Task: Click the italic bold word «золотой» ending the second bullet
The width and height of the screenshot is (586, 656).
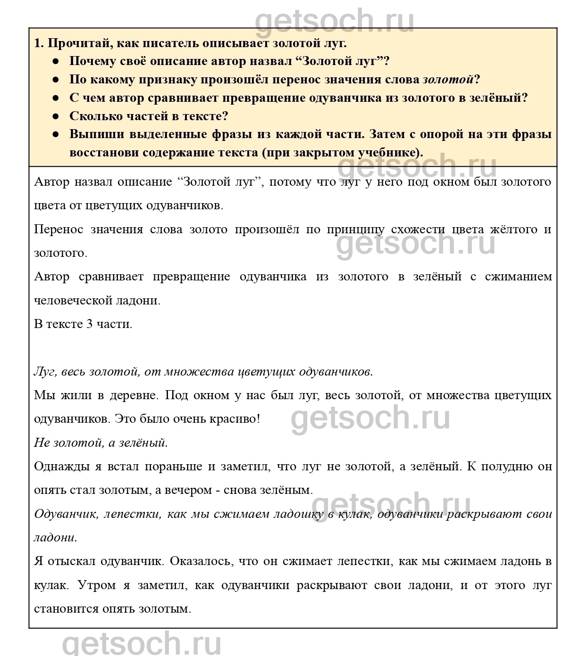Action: point(448,79)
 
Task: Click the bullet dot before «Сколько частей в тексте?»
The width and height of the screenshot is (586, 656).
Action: point(55,116)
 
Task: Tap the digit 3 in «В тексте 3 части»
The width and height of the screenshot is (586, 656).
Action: point(89,324)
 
